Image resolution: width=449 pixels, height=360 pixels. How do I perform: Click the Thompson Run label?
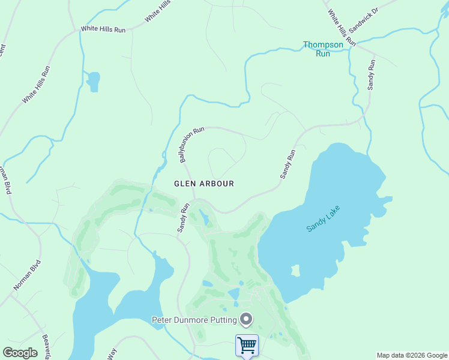(x=323, y=49)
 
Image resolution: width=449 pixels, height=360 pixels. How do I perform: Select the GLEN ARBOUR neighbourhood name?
(x=203, y=184)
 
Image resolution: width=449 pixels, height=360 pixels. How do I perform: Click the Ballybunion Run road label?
(x=191, y=145)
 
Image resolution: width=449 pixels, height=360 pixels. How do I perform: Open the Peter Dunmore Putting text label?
(x=194, y=320)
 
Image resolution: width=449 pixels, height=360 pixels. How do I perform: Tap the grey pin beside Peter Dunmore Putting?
(x=246, y=319)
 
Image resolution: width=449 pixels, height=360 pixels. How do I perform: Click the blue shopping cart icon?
(x=247, y=345)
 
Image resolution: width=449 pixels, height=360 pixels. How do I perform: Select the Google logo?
(x=20, y=353)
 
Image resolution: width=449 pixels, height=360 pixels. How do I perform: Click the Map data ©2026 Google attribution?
(x=412, y=355)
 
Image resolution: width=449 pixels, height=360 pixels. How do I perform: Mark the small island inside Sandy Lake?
(x=295, y=271)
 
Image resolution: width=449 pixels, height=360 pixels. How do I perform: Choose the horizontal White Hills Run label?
(x=103, y=29)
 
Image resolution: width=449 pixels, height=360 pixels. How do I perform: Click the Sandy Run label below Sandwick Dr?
(x=372, y=74)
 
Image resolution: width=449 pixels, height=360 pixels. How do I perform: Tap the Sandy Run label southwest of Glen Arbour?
(x=182, y=217)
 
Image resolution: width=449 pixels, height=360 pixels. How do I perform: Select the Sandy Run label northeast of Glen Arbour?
(x=288, y=164)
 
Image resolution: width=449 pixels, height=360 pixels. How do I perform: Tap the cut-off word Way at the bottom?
(x=112, y=355)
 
